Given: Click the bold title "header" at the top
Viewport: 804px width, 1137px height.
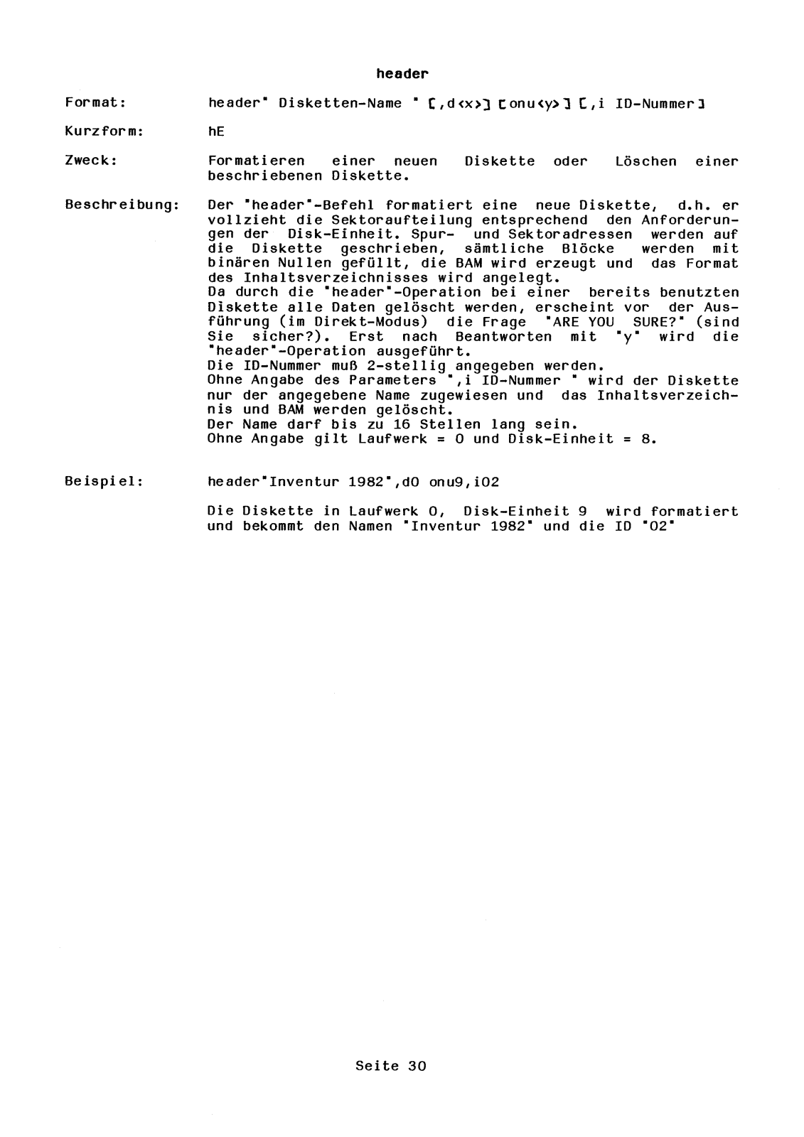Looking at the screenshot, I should tap(402, 73).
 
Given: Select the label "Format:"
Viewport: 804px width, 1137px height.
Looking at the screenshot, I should tap(95, 103).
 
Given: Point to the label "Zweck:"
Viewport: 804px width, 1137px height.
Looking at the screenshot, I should tap(91, 161).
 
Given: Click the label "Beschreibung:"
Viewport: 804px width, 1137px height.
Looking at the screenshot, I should tap(122, 205).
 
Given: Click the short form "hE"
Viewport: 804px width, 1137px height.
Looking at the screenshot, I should tap(216, 132).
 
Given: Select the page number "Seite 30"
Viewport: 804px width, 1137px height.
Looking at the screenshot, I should tap(391, 1066).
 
